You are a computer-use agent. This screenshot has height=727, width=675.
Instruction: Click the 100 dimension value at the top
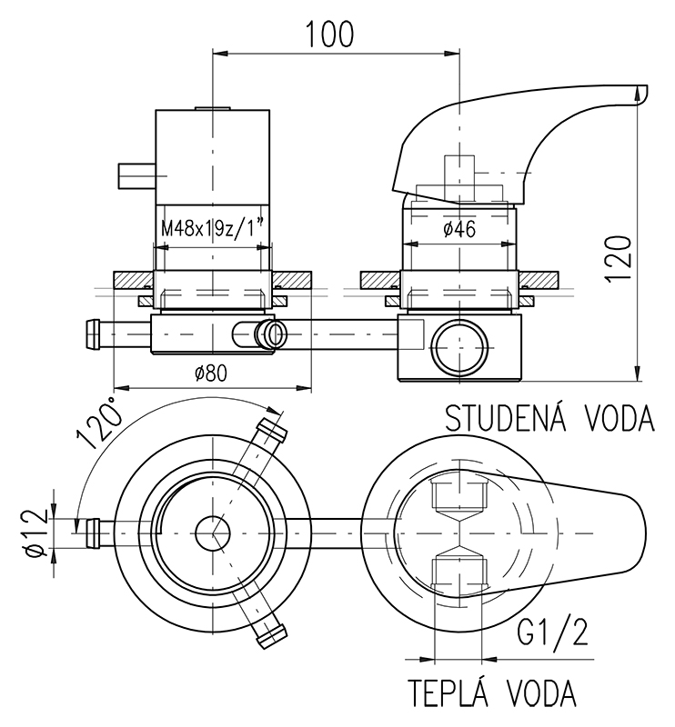(329, 34)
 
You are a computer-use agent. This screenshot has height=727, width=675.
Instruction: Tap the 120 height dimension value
(620, 259)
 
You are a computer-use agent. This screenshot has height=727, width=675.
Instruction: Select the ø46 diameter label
(459, 230)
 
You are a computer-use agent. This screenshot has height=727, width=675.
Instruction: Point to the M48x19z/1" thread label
(215, 229)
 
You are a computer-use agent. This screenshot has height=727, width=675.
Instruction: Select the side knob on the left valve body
(137, 174)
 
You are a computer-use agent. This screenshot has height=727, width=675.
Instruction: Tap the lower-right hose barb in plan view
(271, 632)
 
